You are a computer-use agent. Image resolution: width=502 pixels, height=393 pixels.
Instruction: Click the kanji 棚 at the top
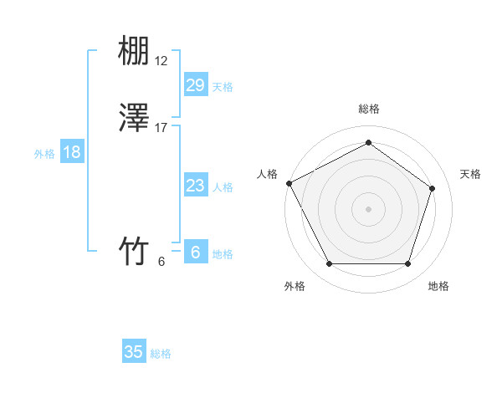(x=134, y=53)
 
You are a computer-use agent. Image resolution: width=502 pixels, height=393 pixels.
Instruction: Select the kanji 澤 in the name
(x=134, y=119)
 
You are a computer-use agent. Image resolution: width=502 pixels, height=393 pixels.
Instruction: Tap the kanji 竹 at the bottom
(x=134, y=251)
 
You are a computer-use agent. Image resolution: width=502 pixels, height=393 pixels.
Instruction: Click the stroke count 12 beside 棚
(x=161, y=61)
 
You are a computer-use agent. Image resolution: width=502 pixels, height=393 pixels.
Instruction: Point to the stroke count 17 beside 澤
(x=161, y=127)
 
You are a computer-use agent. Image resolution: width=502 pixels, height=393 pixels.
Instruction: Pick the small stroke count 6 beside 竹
(x=161, y=261)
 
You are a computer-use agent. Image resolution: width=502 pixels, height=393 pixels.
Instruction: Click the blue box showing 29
(x=195, y=84)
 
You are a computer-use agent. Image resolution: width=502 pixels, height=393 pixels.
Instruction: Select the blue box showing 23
(x=195, y=186)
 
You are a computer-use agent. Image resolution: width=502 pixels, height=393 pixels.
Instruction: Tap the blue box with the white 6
(x=195, y=252)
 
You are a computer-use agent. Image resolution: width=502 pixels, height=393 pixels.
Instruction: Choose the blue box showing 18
(x=72, y=152)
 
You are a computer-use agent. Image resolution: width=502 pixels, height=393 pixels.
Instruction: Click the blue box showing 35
(x=134, y=352)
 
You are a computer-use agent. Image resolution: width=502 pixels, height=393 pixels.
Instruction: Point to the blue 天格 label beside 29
(x=223, y=86)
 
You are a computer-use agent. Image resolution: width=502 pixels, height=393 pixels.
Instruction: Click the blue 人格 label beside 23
(x=223, y=187)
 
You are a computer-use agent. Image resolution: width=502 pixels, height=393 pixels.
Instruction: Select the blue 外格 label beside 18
(x=44, y=154)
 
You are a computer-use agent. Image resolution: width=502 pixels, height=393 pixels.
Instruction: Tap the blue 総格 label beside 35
(x=161, y=354)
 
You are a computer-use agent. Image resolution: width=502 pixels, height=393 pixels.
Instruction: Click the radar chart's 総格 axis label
(x=368, y=109)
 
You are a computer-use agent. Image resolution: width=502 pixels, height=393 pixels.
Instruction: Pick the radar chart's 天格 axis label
(x=470, y=174)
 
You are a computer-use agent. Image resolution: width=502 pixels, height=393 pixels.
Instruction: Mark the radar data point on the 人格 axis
(x=289, y=182)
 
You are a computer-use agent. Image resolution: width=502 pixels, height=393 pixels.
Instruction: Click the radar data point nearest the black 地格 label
(x=407, y=264)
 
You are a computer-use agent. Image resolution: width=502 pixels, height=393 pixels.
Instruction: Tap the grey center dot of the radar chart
(x=368, y=208)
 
